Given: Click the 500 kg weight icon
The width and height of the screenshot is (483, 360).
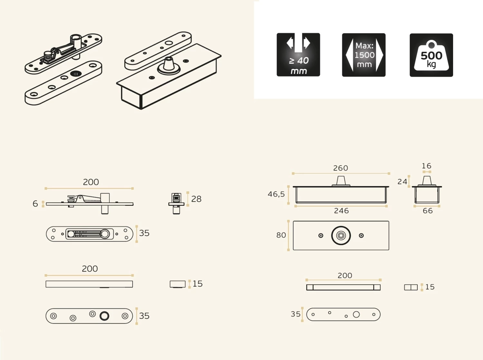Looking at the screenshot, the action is (431, 55).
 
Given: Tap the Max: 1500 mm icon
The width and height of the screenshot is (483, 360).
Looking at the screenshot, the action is (364, 55).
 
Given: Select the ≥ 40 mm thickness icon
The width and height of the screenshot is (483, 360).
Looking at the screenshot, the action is (298, 55).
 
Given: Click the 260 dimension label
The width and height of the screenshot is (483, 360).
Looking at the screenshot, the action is (340, 168).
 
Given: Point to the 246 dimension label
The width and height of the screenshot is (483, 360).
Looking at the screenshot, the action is (341, 211).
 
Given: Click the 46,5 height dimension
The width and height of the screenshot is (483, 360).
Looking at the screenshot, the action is (276, 194).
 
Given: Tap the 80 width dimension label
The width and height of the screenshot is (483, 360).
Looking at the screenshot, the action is (281, 235).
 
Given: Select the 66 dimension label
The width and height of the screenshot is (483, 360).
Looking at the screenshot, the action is (428, 211).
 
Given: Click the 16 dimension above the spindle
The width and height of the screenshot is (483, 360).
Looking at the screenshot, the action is (426, 166).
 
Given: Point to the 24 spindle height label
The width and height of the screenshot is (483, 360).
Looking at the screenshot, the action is (402, 182).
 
